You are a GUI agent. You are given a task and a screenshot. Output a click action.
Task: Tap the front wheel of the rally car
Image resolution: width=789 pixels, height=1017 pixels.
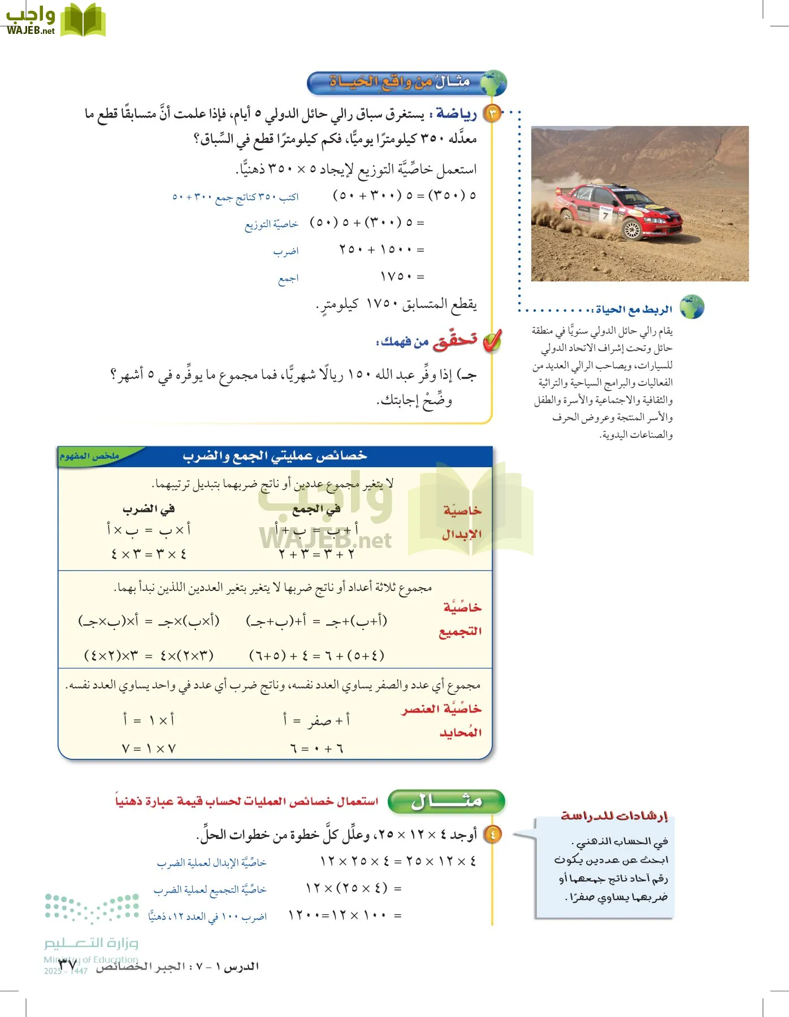(x=632, y=229)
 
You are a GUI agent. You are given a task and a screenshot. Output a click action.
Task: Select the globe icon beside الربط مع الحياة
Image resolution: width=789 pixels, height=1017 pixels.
(x=692, y=307)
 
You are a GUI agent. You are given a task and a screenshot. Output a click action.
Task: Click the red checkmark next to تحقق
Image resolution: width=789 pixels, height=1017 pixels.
(x=492, y=341)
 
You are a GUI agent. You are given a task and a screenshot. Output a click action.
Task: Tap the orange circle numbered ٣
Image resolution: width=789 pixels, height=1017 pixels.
(x=493, y=114)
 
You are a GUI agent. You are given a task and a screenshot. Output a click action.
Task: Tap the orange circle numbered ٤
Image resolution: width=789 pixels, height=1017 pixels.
(x=493, y=834)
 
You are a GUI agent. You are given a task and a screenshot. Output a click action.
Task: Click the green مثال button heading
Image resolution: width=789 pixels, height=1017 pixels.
(x=446, y=801)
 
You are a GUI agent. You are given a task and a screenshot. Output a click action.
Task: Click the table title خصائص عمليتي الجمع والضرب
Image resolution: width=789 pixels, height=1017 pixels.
(x=275, y=456)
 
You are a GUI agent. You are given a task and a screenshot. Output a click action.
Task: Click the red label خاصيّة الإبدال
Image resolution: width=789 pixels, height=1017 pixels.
(x=462, y=522)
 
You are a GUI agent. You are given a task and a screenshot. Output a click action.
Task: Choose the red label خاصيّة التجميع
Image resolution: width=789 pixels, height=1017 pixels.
(x=461, y=619)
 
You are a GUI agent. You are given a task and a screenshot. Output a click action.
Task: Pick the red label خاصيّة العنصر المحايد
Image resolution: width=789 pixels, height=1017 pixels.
(x=442, y=720)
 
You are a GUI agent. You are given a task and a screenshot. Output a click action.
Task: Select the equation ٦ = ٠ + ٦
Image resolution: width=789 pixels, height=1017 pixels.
(x=317, y=749)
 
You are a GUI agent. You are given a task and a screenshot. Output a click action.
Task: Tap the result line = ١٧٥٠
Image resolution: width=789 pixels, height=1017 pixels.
(x=402, y=276)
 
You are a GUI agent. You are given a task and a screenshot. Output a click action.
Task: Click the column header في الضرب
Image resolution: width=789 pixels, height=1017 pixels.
(x=149, y=508)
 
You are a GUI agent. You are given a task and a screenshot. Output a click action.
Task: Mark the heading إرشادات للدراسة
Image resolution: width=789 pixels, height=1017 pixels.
(x=614, y=815)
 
